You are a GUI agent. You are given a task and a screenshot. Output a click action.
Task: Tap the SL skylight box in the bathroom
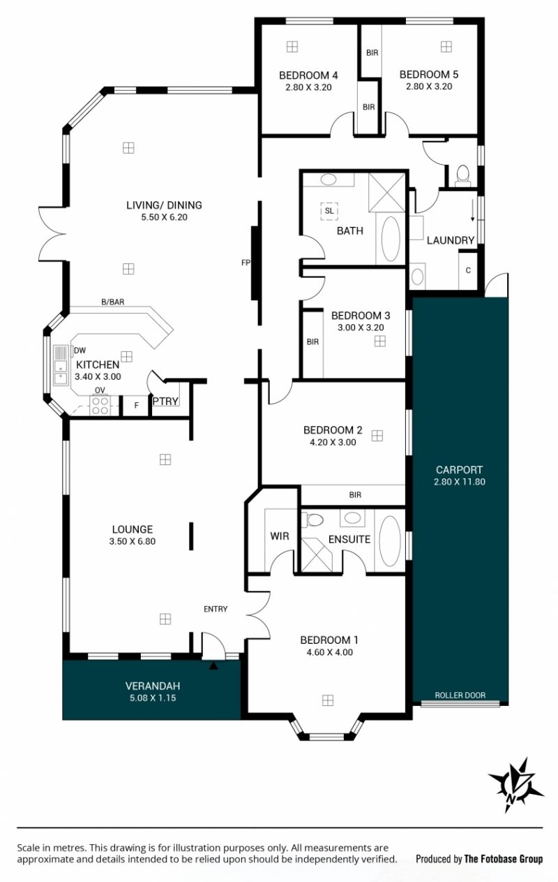coord(329,211)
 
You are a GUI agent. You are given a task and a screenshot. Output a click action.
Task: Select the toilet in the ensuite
coord(312,520)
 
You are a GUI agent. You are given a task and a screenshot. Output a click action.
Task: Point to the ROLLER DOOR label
coord(460,695)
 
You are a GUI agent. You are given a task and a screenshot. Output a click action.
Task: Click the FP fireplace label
coord(246,263)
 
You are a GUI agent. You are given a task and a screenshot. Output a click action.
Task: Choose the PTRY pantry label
coord(165,401)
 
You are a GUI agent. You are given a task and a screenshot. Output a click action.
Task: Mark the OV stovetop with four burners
coord(100,405)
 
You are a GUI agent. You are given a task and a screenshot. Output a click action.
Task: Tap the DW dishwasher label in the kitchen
coord(80,350)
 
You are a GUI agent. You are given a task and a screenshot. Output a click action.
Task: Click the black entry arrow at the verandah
coord(213,666)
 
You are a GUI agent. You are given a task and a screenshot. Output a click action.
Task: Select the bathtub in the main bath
coord(391,239)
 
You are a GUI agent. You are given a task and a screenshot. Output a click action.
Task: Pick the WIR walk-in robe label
coord(280,536)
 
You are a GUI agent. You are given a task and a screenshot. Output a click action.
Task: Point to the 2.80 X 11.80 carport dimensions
coord(459,482)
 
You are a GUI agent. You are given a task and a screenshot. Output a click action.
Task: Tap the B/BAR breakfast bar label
coord(113,302)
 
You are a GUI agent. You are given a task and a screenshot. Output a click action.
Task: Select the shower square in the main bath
coord(386,192)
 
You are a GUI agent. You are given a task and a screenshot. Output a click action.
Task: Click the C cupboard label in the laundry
coord(468,270)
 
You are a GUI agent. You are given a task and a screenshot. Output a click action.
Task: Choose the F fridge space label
coord(137,405)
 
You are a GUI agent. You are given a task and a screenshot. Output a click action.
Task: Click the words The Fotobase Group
coord(504,859)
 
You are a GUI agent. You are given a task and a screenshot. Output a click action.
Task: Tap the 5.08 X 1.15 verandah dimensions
coord(153,698)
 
